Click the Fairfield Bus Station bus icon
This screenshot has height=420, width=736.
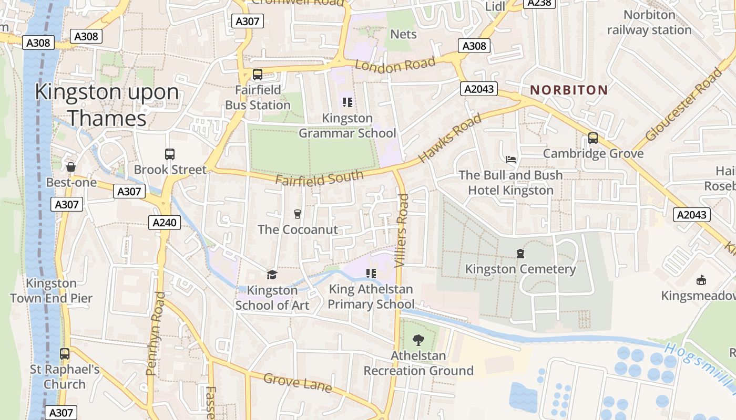(257, 75)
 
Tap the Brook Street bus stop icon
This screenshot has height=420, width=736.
(169, 154)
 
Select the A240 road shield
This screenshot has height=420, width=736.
(164, 223)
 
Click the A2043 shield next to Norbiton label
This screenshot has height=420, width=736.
(479, 89)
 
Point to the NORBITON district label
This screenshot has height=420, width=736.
(569, 90)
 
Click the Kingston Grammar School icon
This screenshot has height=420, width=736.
(347, 102)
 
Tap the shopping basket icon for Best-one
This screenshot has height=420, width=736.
(71, 167)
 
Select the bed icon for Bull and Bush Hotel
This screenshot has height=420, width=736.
(510, 159)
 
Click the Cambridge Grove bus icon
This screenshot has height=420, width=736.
(593, 138)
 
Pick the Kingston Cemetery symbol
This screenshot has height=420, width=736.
(520, 254)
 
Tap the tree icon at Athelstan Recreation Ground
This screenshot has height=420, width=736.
(418, 340)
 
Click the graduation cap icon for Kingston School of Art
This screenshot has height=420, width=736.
(272, 275)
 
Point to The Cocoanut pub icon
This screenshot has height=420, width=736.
(298, 214)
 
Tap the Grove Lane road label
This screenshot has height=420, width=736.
(298, 383)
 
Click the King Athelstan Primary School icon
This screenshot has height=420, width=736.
(371, 273)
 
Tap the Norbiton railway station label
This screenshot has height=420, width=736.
(649, 23)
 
